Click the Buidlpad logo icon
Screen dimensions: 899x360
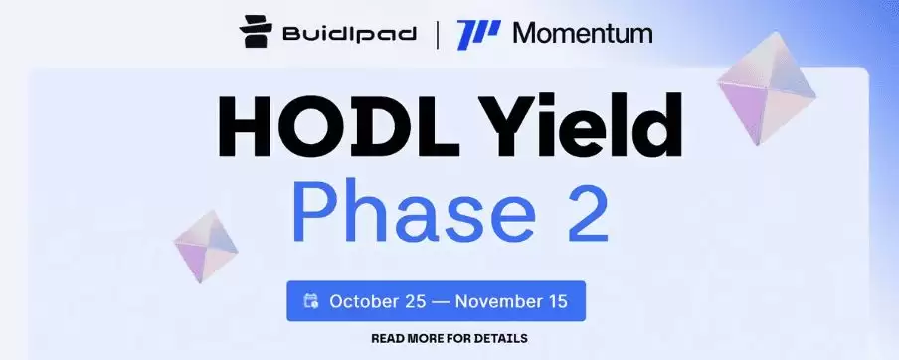256,32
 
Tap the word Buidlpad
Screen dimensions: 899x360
349,33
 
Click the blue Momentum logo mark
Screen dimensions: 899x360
478,35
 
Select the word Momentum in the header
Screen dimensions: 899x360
583,33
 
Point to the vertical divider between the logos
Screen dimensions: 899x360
438,35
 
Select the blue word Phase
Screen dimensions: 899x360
414,211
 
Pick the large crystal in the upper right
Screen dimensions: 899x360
767,88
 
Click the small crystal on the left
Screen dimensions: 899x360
206,246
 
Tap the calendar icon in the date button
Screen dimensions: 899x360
311,301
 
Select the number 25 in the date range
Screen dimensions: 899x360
416,301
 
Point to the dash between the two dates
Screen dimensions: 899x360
441,302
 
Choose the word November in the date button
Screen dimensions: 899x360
499,301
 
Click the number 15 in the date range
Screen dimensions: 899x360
557,301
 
